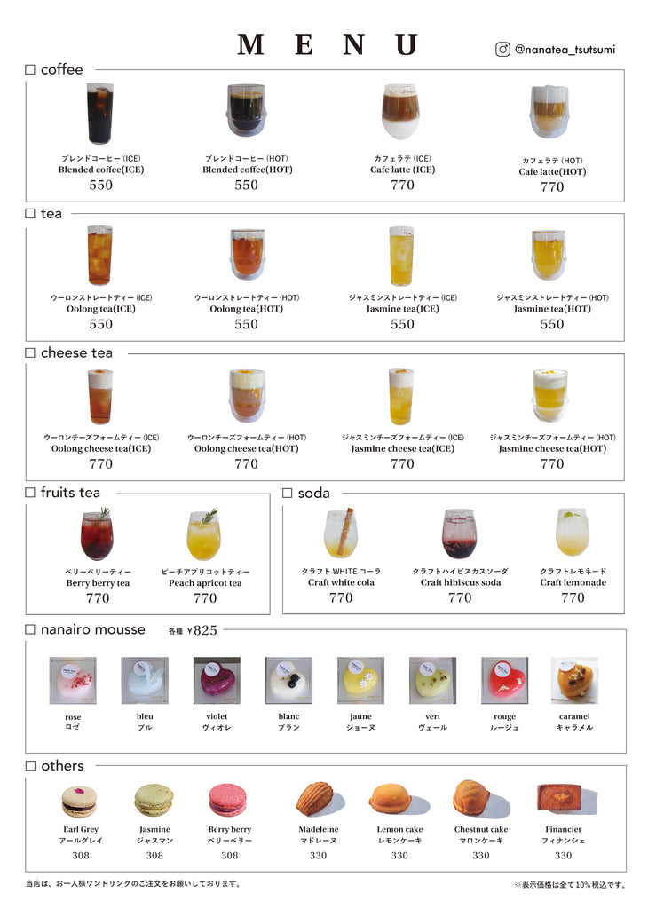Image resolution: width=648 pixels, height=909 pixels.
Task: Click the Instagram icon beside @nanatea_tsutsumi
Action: pos(502,50)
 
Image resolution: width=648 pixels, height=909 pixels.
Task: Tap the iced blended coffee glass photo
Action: pos(99,114)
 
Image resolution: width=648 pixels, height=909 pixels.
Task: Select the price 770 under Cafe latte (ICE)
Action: pos(402,185)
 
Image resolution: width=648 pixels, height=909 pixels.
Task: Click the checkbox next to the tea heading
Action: pos(30,214)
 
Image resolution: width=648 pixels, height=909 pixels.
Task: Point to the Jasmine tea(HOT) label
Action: pos(552,309)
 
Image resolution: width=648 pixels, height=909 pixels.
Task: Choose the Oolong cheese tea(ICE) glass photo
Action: pos(99,396)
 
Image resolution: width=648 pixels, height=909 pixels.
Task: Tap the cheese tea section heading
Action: pos(76,353)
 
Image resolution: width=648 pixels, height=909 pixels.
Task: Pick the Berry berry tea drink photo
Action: pos(97,535)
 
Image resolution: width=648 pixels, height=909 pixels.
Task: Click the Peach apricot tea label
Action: pos(205,583)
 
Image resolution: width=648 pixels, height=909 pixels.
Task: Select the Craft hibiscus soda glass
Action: pos(459,534)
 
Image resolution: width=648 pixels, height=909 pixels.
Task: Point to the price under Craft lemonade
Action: pos(573,597)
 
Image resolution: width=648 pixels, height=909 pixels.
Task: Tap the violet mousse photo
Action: pos(217,681)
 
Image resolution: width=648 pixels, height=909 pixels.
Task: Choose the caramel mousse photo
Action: pos(574,681)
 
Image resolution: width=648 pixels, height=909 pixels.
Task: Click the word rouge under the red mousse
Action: pos(504,716)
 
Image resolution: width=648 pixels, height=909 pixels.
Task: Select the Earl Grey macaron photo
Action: pos(79,801)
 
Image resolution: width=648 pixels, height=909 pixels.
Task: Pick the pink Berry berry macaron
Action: pos(228,800)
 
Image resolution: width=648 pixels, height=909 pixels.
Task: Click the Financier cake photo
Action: pos(561,797)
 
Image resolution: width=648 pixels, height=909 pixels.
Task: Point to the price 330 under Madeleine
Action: pos(318,855)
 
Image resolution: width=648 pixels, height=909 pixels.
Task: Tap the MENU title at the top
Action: pos(328,45)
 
